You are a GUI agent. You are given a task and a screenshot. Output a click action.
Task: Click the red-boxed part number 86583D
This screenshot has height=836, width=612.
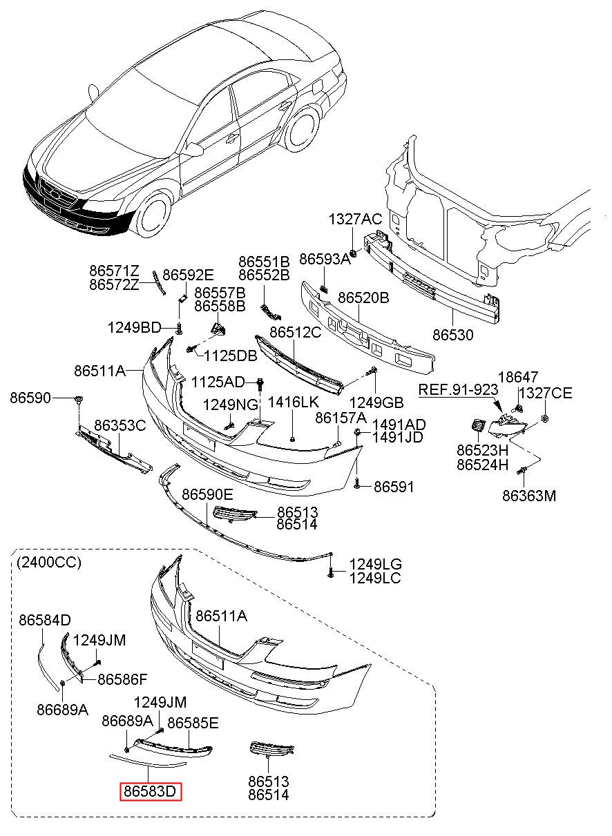pos(151,791)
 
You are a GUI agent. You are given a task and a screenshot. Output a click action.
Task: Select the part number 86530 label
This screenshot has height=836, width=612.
pos(453,336)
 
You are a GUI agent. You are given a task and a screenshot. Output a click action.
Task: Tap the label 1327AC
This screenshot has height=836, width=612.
pos(354,220)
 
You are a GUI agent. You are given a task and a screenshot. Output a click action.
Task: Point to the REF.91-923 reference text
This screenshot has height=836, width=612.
pos(458,390)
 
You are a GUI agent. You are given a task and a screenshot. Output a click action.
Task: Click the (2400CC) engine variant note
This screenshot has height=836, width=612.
pos(48,563)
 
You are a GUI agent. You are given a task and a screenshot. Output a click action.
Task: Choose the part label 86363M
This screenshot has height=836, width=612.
pos(529,495)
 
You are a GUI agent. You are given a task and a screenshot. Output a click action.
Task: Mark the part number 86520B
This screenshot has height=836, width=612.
pos(363,298)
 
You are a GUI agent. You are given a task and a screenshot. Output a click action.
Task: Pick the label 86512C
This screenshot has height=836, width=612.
pos(295,332)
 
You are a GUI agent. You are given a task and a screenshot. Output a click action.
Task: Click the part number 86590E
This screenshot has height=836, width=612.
pos(208,494)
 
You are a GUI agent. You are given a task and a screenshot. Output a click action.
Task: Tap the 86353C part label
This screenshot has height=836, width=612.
pos(120,425)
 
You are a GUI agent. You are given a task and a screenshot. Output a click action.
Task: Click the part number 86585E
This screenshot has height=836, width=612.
pos(193,723)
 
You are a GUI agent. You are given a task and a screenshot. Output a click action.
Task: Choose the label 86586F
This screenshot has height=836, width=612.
pos(122,679)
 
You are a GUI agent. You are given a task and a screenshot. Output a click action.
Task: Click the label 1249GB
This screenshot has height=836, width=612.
pos(376,402)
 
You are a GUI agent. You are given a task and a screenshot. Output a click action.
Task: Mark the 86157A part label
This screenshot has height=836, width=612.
pos(341,418)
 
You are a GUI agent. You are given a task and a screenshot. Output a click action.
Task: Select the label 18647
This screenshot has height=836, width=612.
pos(518,377)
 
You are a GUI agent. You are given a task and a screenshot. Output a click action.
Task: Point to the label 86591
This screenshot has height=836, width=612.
pos(394,487)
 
